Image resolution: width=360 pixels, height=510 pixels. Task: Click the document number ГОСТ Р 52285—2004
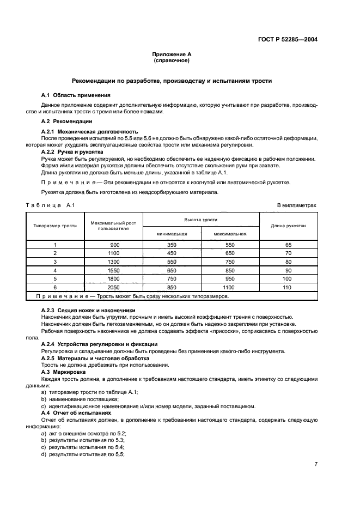point(287,39)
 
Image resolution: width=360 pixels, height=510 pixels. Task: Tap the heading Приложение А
point(172,54)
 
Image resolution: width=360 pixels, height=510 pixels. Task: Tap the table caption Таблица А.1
point(50,205)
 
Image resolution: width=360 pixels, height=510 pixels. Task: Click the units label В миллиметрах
point(296,205)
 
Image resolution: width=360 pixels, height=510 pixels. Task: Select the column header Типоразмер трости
point(55,226)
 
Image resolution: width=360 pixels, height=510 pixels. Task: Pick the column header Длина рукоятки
point(288,226)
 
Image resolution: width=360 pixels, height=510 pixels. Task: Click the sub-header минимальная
point(172,233)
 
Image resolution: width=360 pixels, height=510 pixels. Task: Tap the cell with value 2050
point(113,287)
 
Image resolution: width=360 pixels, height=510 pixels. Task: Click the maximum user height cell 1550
point(113,270)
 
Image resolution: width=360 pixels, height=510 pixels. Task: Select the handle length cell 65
point(288,245)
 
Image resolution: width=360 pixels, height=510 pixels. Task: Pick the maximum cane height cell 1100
point(229,287)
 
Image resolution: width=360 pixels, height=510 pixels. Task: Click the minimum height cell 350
point(172,245)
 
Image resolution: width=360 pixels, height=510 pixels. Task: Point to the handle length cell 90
point(288,270)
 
